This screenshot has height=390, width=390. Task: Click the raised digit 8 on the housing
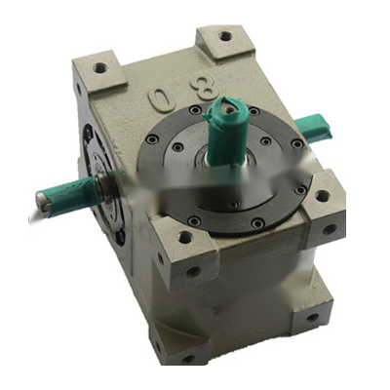(204, 85)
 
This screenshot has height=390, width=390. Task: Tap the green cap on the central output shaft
(227, 129)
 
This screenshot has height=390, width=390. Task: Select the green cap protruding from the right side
(313, 129)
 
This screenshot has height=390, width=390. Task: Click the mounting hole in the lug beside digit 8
(225, 36)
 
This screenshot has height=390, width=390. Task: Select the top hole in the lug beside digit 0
(99, 68)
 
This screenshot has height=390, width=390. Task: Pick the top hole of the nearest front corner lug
(184, 236)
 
